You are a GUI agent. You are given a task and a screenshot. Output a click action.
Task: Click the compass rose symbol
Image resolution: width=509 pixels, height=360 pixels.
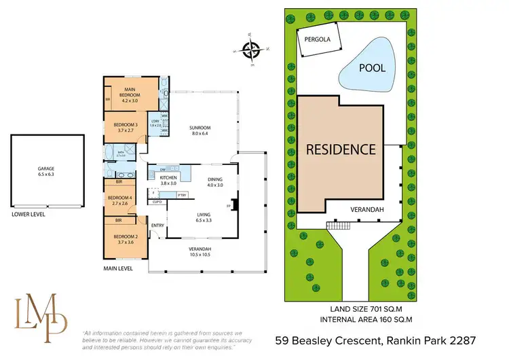tap(252, 49)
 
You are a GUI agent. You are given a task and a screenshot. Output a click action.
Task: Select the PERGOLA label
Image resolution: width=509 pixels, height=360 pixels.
tap(317, 39)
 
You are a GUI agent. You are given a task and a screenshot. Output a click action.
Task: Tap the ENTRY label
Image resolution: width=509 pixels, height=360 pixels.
tap(157, 226)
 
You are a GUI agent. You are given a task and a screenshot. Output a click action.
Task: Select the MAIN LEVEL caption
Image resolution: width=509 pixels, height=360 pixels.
tap(117, 268)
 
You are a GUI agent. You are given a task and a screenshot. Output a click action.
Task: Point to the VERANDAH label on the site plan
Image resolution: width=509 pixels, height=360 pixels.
tap(367, 210)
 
